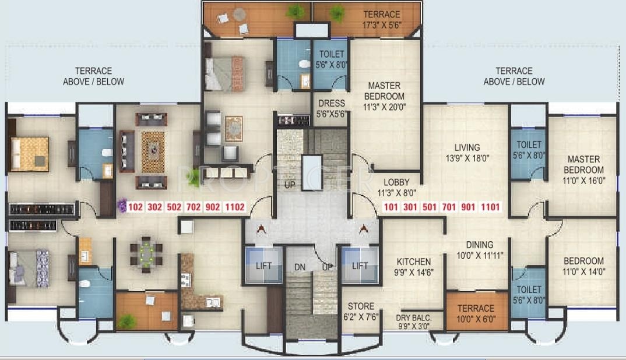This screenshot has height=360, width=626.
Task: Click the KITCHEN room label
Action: tap(414, 262)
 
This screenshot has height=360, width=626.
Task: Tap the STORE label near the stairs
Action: tap(361, 306)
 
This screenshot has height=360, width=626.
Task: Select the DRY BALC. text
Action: tap(413, 317)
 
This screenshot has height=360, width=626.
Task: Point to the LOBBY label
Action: tap(396, 182)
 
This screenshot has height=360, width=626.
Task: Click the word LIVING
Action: tap(467, 147)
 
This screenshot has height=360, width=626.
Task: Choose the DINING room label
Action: tap(479, 245)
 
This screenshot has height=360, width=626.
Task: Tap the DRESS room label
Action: tap(331, 104)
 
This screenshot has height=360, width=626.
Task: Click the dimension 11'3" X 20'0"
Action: tap(384, 107)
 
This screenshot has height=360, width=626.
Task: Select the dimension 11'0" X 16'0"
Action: tap(583, 180)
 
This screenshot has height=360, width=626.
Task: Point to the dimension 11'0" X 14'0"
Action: tap(583, 271)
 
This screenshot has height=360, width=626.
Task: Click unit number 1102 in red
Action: tap(236, 207)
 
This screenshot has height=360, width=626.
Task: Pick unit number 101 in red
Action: tap(391, 207)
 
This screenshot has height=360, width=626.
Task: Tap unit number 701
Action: tap(449, 207)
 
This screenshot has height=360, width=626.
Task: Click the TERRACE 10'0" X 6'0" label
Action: tap(476, 313)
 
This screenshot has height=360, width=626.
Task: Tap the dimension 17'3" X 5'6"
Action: tap(382, 26)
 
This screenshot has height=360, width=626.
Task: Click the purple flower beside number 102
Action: tap(122, 205)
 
